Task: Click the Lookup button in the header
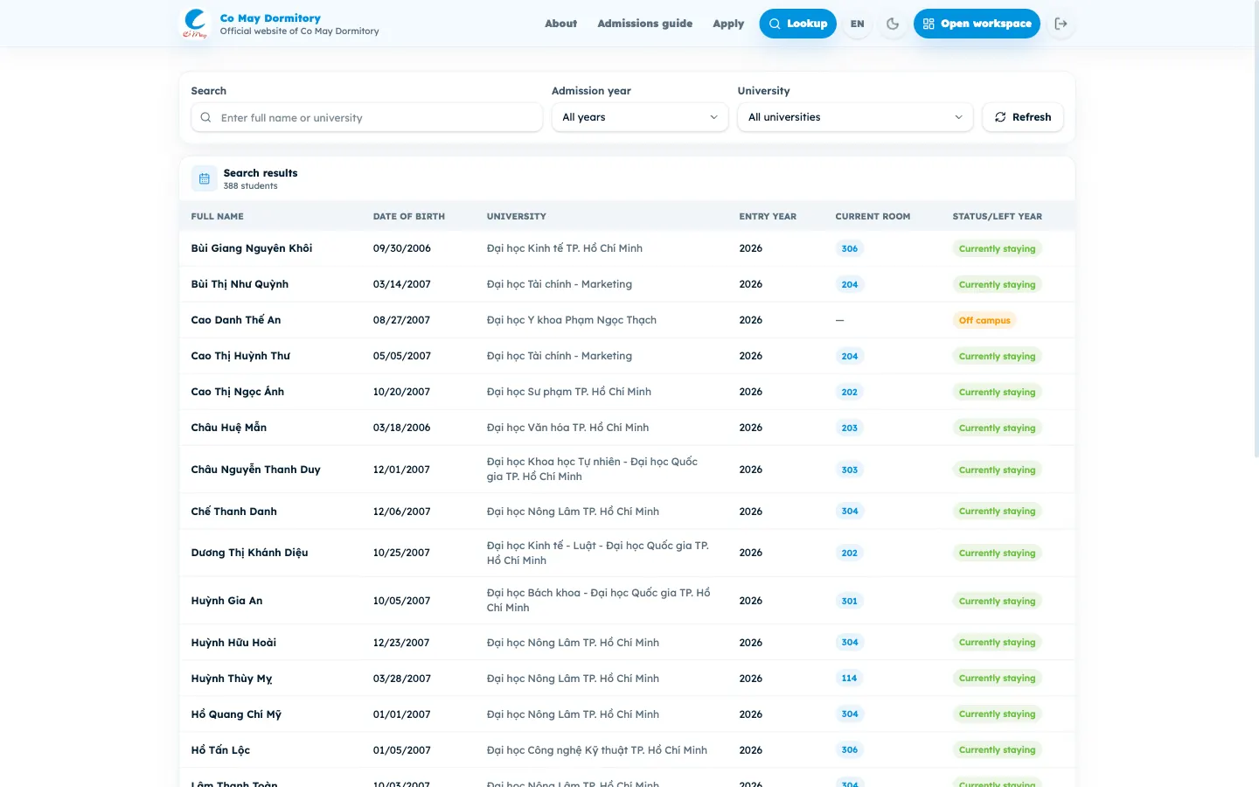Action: pos(797,24)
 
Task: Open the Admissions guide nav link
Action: pos(644,24)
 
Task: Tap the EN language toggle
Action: pos(857,24)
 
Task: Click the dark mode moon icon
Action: pos(893,24)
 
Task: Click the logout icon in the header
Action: pos(1061,24)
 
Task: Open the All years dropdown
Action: pos(640,117)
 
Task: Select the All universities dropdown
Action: pos(855,117)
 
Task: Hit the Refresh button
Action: pos(1023,117)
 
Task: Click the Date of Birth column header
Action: pos(408,217)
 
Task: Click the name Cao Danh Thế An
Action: pos(235,320)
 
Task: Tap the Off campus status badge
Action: pos(984,320)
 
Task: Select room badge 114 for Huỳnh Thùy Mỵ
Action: pos(849,678)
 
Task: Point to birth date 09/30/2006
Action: pos(401,248)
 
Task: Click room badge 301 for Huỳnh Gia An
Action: pos(849,601)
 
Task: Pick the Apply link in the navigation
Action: pos(727,24)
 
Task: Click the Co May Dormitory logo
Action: pos(195,24)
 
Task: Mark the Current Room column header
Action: pos(873,217)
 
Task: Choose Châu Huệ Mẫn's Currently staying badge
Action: pos(997,428)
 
